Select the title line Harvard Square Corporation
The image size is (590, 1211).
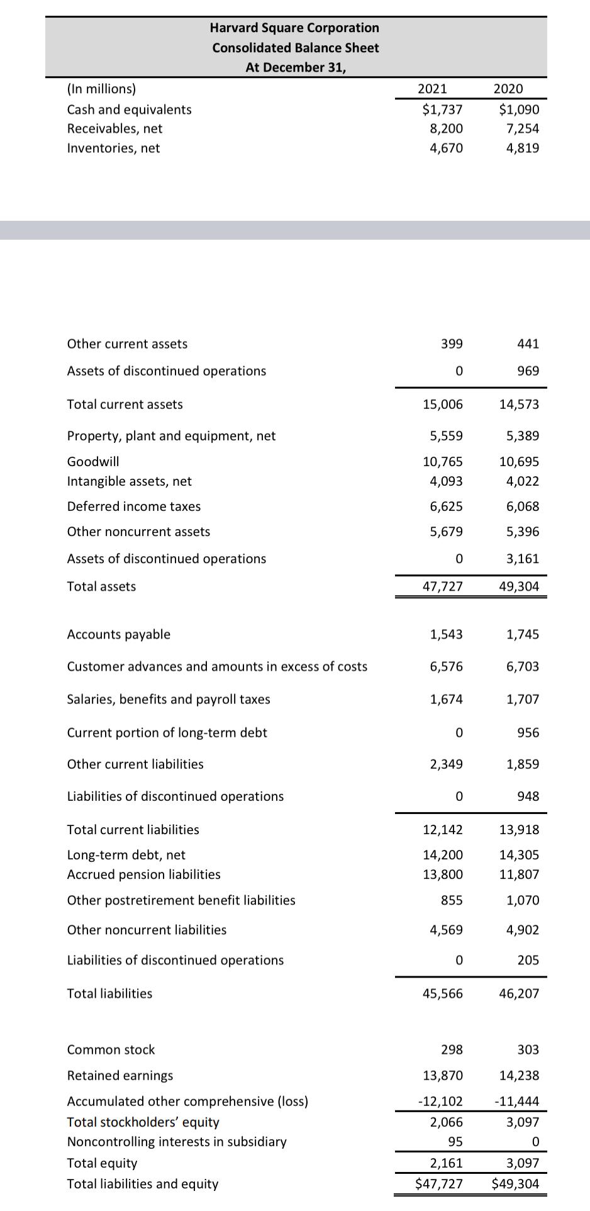pos(294,28)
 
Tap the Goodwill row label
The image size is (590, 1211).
pos(93,462)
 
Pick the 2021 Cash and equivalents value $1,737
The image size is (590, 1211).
pos(442,109)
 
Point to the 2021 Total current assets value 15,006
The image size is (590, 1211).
pos(442,405)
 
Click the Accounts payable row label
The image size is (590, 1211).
pos(118,634)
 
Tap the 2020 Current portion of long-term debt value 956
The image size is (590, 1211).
pos(528,733)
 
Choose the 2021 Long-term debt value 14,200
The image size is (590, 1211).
pos(442,855)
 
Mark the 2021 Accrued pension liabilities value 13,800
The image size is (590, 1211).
pos(442,874)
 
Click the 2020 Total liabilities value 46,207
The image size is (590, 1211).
pos(519,993)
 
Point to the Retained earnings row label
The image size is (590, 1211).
pos(120,1076)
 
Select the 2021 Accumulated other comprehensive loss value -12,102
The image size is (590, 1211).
pos(440,1102)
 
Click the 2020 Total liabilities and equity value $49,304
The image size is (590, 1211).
pos(515,1184)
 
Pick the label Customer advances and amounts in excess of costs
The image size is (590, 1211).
pos(217,667)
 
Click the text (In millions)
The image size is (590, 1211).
pos(101,89)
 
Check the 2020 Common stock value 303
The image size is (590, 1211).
pos(528,1050)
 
